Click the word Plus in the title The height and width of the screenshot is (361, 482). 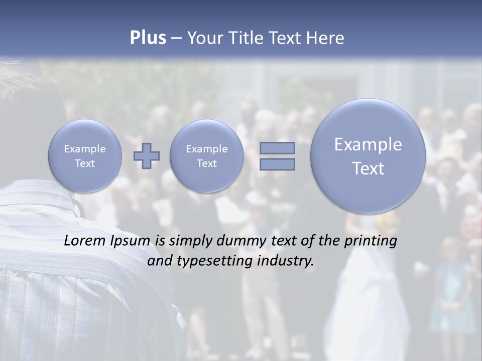[x=148, y=38]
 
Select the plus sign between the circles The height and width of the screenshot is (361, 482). [x=147, y=156]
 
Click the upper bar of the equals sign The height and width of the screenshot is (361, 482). [x=277, y=148]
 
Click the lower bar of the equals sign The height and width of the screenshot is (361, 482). [x=277, y=164]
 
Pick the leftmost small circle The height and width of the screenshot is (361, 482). [x=84, y=156]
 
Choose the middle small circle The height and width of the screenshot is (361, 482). [x=206, y=156]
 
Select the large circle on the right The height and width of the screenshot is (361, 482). [x=368, y=156]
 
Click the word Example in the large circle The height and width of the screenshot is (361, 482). [x=368, y=144]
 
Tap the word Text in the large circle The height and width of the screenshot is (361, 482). [x=368, y=168]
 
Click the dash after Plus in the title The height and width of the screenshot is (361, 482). [x=176, y=39]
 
